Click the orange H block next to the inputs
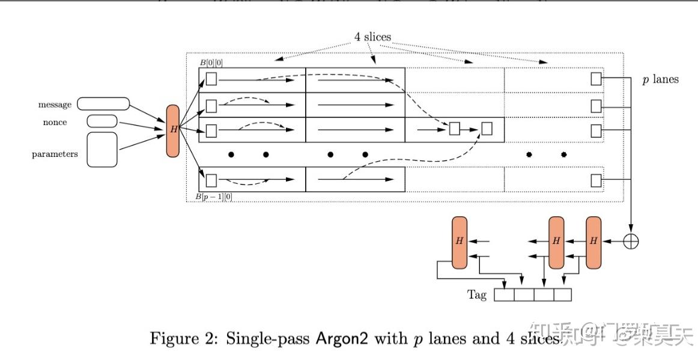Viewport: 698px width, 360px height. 173,130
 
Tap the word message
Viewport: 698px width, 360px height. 55,105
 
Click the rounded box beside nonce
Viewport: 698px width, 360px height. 102,121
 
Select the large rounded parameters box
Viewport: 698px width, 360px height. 102,150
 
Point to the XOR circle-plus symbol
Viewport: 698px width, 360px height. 631,241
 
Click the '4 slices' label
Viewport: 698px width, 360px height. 372,37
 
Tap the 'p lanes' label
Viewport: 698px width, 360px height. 660,79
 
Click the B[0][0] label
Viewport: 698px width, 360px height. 211,63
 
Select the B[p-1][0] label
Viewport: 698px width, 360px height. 214,197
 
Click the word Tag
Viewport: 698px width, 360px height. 477,295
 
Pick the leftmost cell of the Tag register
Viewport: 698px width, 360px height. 504,295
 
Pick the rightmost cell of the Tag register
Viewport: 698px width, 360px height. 562,295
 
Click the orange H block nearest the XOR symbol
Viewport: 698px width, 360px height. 593,242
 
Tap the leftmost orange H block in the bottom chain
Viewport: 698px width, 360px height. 460,242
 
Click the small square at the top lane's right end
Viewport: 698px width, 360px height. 596,79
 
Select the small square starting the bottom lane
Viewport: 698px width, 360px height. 211,180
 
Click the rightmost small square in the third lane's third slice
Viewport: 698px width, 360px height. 487,129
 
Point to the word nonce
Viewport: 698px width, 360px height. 55,122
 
